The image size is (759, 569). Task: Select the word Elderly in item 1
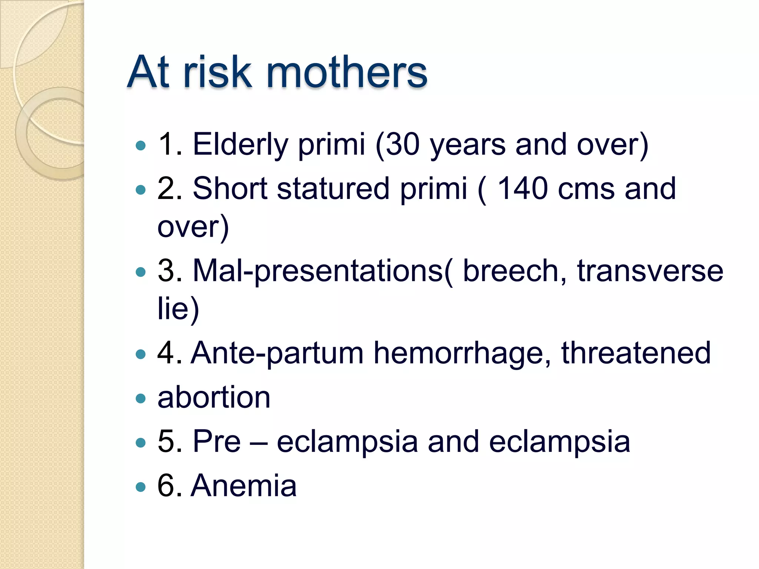pos(240,144)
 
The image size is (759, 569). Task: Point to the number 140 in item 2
pos(522,189)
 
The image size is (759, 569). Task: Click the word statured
pos(333,189)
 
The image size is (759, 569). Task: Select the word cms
pos(586,189)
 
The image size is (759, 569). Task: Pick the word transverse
pos(650,271)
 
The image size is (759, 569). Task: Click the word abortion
pos(214,397)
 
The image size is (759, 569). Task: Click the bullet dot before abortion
pos(141,399)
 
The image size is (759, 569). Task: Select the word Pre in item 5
pos(217,442)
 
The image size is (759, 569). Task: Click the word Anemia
pos(243,486)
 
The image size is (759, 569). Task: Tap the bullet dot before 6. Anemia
pos(141,487)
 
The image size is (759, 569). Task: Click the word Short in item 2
pos(230,189)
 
